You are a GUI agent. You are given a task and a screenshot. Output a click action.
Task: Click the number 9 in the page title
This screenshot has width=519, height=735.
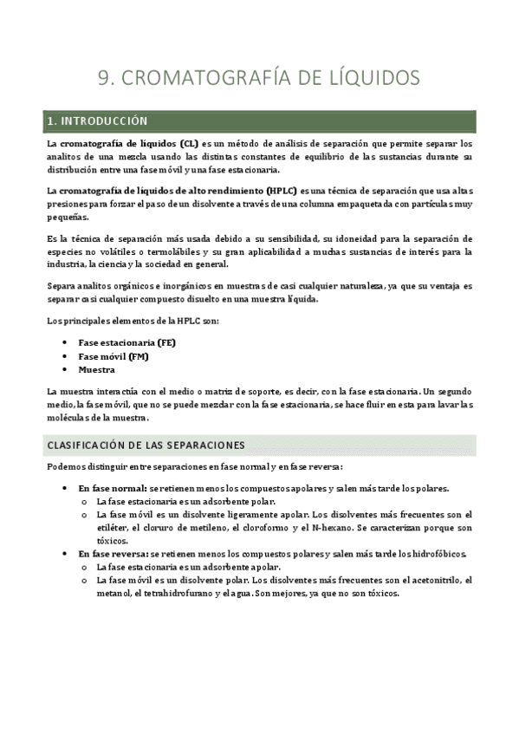pos(104,78)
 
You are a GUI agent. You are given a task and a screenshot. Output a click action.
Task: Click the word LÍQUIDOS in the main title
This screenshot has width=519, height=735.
pos(366,78)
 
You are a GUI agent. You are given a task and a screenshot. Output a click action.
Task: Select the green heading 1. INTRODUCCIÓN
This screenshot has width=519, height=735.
pos(98,120)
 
